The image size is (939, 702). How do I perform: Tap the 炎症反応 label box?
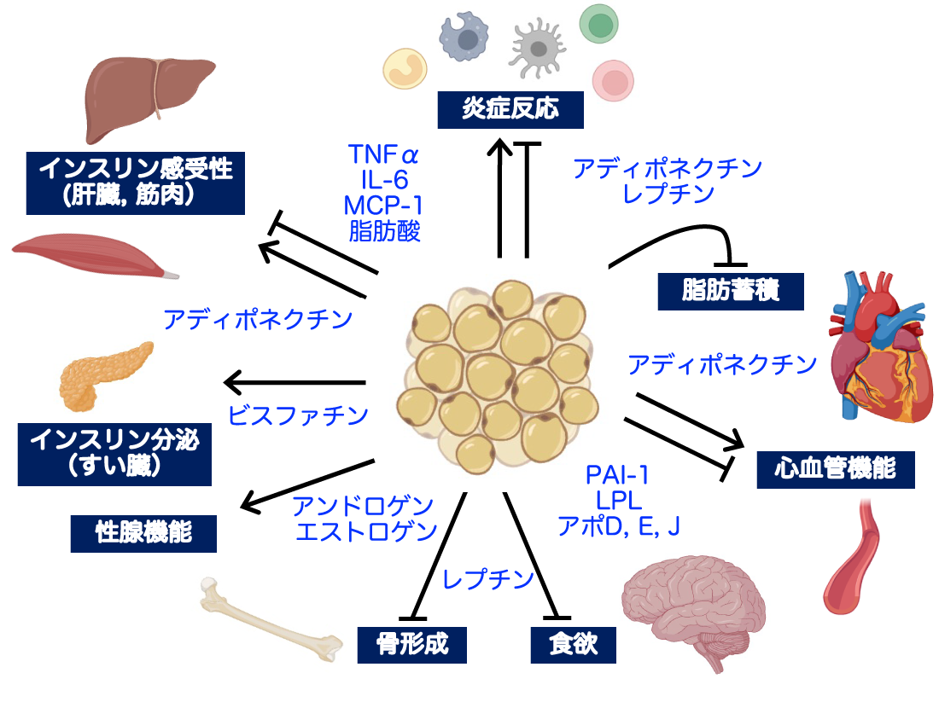tap(510, 110)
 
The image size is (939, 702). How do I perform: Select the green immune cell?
tap(599, 24)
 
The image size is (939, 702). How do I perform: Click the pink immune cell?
tap(615, 80)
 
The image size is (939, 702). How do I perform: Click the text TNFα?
tap(384, 156)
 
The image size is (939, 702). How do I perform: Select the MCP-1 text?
tap(384, 206)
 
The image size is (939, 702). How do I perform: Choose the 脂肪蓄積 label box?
tap(731, 291)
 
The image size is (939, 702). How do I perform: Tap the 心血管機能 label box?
tap(835, 469)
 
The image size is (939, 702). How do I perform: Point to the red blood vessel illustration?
tap(851, 554)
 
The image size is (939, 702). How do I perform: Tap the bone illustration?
tap(269, 620)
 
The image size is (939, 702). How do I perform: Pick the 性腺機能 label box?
tap(143, 533)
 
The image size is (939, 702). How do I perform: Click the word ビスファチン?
tap(298, 415)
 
